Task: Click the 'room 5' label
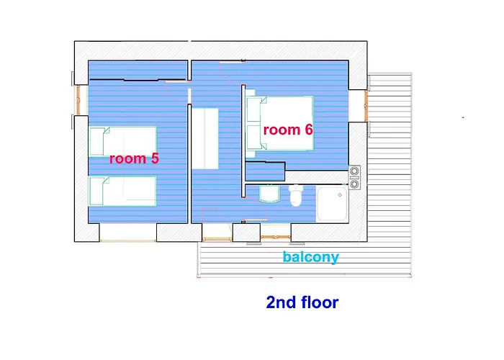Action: tap(134, 158)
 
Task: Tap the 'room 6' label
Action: tap(288, 130)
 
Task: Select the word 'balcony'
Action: tap(311, 257)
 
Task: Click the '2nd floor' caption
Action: tap(302, 302)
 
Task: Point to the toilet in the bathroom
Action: tap(296, 195)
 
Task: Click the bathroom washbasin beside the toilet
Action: tap(269, 194)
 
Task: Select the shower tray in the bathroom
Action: tap(332, 204)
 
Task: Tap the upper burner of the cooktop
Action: tap(354, 171)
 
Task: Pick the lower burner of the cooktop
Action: tap(354, 184)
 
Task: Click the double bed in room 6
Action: tap(279, 123)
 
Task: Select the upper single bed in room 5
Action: tap(123, 141)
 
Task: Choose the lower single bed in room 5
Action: tap(123, 192)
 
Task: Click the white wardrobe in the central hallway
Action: tap(205, 138)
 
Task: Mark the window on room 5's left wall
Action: tap(78, 99)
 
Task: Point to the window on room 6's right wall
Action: tap(366, 106)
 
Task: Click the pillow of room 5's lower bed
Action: tap(96, 192)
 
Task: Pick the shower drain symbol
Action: tap(340, 195)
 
